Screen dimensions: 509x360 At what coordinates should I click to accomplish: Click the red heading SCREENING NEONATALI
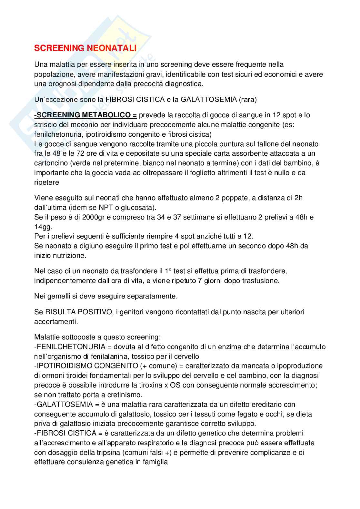85,48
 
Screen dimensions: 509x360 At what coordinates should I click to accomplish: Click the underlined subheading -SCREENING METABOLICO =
86,115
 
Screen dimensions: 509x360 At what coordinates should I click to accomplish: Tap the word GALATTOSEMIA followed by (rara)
209,100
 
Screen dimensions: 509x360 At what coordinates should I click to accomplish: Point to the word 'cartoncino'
50,163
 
